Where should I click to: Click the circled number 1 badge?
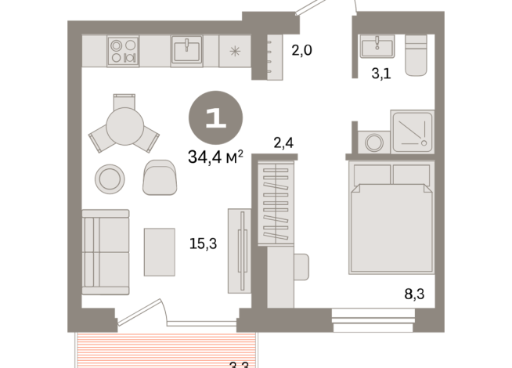[215, 118]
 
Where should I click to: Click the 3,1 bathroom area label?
[381, 75]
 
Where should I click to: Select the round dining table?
[124, 124]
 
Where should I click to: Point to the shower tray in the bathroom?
[412, 131]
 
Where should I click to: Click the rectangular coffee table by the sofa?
[160, 250]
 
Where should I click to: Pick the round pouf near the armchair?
[109, 178]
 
